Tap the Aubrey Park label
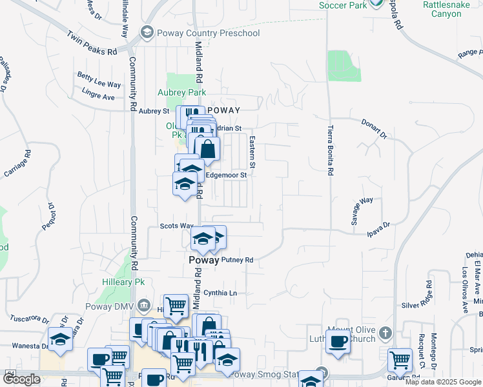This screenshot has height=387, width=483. click(182, 93)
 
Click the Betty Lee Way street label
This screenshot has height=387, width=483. click(99, 84)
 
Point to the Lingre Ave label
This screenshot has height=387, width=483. click(98, 97)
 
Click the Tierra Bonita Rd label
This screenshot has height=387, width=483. click(330, 150)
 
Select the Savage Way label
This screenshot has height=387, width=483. click(362, 211)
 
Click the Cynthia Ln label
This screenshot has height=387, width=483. click(220, 293)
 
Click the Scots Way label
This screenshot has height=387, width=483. click(177, 226)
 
